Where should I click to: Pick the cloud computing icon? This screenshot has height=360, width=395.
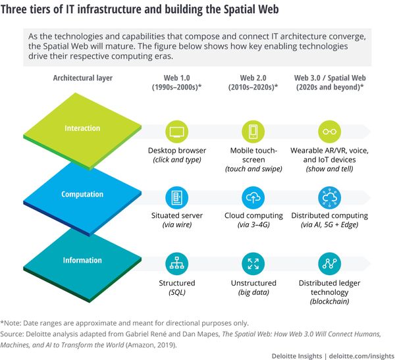(x=253, y=196)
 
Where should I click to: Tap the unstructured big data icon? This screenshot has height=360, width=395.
(x=253, y=263)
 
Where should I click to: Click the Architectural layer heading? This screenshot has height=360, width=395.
(x=83, y=78)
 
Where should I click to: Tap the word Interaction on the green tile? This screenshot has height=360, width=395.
(x=82, y=128)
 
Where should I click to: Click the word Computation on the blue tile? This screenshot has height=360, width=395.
(x=82, y=194)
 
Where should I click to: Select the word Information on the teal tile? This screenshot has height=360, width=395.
(x=82, y=259)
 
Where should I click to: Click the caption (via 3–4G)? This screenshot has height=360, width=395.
(x=253, y=225)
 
